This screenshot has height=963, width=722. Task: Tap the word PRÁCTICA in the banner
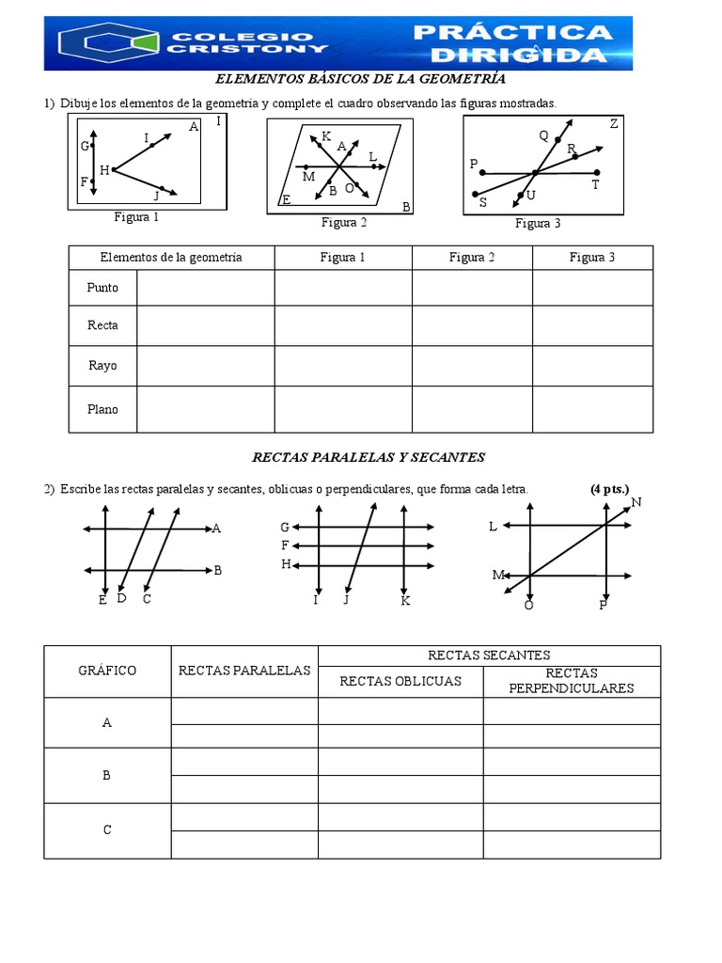[513, 33]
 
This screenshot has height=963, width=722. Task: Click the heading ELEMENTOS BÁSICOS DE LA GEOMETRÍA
[361, 80]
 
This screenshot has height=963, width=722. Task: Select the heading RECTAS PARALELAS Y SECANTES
[369, 457]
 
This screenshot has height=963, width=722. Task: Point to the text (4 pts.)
[609, 489]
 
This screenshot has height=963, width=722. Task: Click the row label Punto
[102, 288]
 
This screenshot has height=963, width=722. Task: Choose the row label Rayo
[102, 366]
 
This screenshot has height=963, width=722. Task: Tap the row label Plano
[102, 409]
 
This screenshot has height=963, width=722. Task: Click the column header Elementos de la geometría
[171, 258]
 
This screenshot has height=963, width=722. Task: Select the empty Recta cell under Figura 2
[472, 325]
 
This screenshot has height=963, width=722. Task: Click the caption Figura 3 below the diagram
[538, 224]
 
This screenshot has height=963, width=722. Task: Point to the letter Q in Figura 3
[543, 135]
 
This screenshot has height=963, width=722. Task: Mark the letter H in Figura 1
[104, 170]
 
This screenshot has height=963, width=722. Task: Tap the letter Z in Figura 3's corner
[614, 124]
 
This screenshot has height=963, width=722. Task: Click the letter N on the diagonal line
[636, 502]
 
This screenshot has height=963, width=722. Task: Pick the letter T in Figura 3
[595, 185]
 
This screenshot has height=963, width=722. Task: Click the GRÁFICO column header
[106, 671]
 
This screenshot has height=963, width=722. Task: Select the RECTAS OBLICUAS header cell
[400, 681]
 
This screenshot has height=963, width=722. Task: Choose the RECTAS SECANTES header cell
[489, 655]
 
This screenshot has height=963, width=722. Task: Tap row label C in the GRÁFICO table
[106, 830]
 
